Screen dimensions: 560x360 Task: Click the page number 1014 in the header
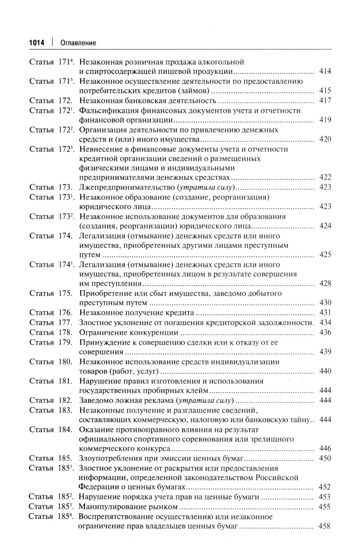tap(36, 43)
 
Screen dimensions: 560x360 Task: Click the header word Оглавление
tap(78, 43)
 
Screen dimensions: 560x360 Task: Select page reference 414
tap(325, 71)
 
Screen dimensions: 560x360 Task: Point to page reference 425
tap(325, 255)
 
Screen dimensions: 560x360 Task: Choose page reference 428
tap(325, 283)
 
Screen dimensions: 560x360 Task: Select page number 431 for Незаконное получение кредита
tap(325, 313)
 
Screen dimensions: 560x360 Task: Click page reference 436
tap(325, 332)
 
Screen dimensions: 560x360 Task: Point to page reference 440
tap(325, 371)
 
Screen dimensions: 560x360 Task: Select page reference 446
tap(325, 448)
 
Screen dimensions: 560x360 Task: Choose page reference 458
tap(325, 526)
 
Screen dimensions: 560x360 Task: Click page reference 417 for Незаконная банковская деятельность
tap(325, 100)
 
